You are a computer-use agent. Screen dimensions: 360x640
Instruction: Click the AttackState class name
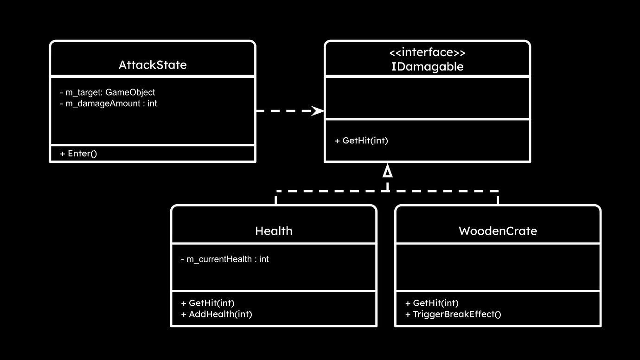pyautogui.click(x=153, y=65)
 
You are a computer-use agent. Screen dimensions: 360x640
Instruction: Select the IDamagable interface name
pyautogui.click(x=427, y=67)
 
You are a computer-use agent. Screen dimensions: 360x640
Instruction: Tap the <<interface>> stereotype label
pyautogui.click(x=427, y=52)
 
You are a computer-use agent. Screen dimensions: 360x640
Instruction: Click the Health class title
pyautogui.click(x=274, y=231)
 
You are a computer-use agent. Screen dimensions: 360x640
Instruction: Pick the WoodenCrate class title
pyautogui.click(x=498, y=231)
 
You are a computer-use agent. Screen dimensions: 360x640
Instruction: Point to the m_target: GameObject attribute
pyautogui.click(x=107, y=93)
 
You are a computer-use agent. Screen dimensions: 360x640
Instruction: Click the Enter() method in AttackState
pyautogui.click(x=78, y=154)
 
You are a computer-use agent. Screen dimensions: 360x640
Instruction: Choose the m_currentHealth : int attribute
pyautogui.click(x=224, y=259)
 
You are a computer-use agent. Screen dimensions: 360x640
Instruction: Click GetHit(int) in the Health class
pyautogui.click(x=208, y=303)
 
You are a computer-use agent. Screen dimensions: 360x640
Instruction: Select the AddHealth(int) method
pyautogui.click(x=216, y=314)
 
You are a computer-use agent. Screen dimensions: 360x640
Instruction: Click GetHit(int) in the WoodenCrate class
pyautogui.click(x=432, y=303)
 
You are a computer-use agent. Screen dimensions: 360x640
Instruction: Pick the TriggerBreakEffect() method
pyautogui.click(x=453, y=314)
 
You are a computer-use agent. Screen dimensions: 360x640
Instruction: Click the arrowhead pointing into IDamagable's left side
pyautogui.click(x=318, y=111)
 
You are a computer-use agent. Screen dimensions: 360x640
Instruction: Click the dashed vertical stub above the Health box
pyautogui.click(x=276, y=198)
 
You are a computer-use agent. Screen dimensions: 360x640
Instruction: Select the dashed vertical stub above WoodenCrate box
pyautogui.click(x=498, y=198)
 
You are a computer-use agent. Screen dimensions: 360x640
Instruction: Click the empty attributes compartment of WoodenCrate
pyautogui.click(x=498, y=267)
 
